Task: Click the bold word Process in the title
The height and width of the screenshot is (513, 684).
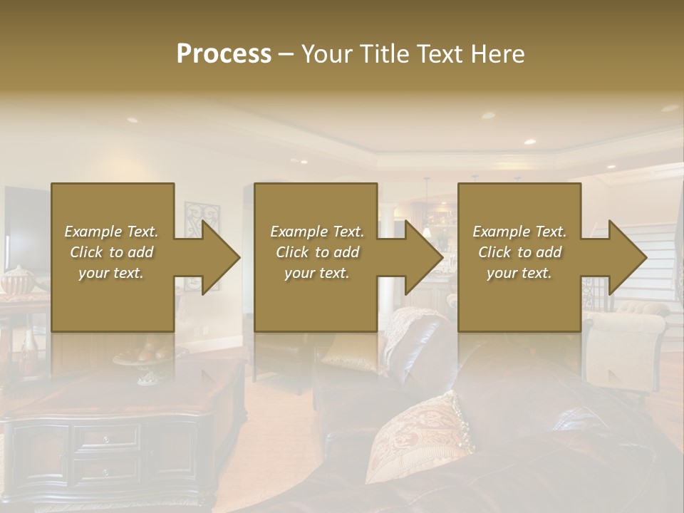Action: click(224, 54)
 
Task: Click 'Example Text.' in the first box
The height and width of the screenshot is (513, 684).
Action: click(111, 232)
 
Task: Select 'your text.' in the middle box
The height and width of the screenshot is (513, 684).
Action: click(317, 273)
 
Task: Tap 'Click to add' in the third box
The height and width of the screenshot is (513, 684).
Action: click(519, 252)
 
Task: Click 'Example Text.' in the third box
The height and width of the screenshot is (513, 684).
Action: click(519, 232)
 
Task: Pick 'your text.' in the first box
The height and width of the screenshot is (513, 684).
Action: click(111, 273)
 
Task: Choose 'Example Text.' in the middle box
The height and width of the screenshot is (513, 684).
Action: click(317, 232)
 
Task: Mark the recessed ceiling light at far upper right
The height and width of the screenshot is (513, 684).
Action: click(670, 108)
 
